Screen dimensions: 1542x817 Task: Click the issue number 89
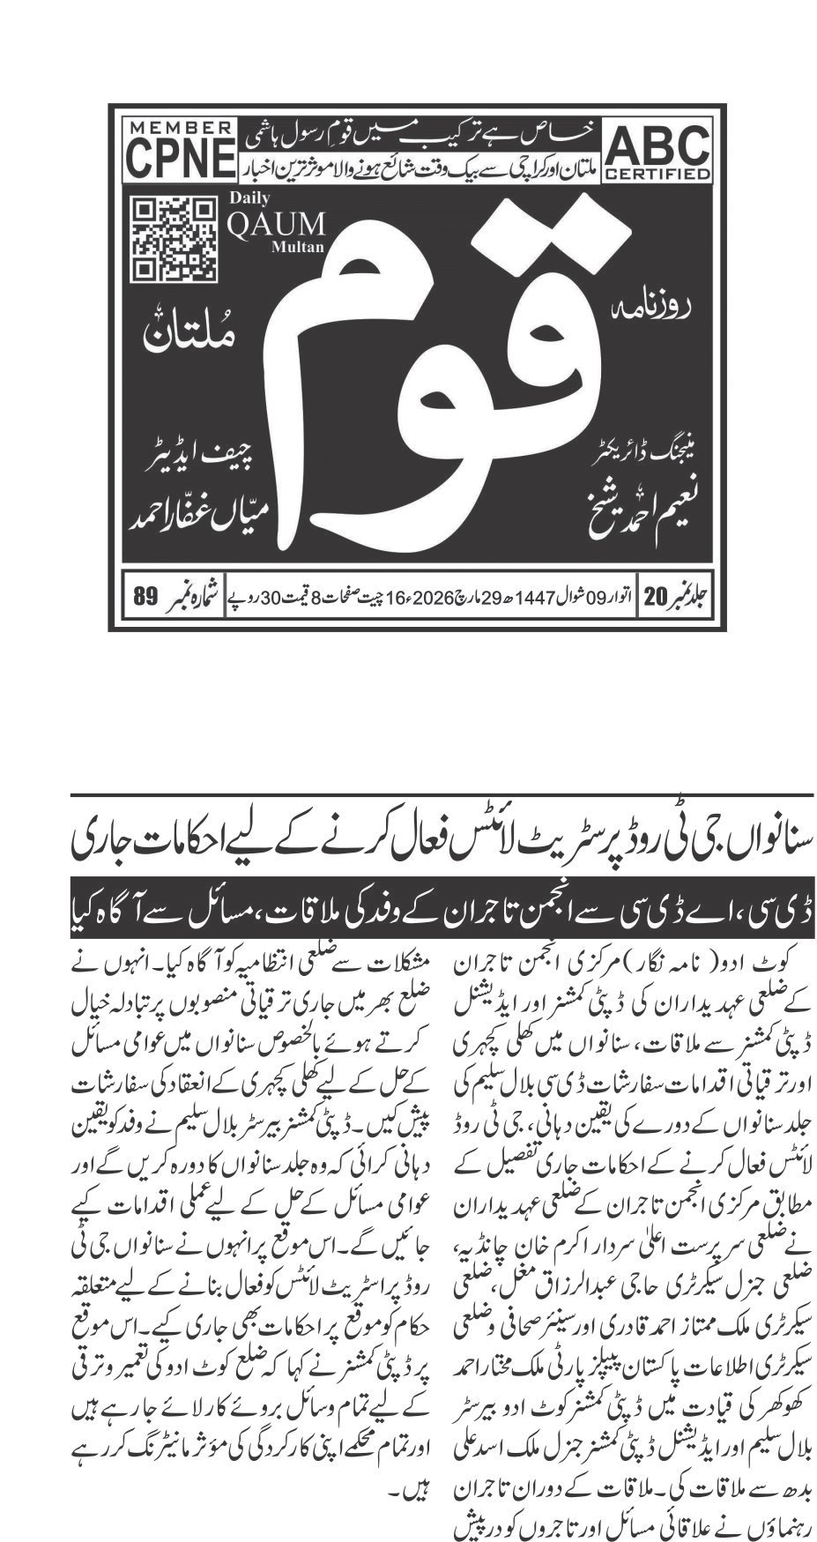click(x=145, y=597)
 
